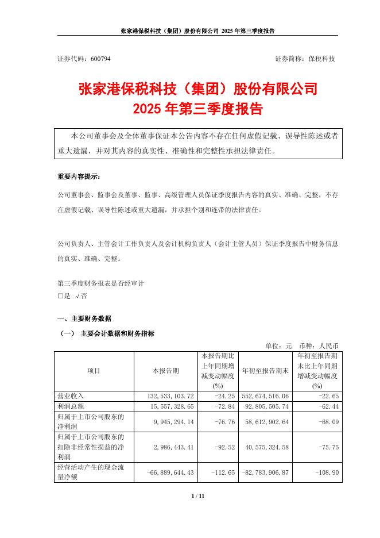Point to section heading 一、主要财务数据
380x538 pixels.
point(84,318)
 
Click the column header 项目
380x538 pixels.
point(94,371)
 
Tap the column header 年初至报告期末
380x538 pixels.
point(265,371)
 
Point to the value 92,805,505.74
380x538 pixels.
point(265,406)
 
